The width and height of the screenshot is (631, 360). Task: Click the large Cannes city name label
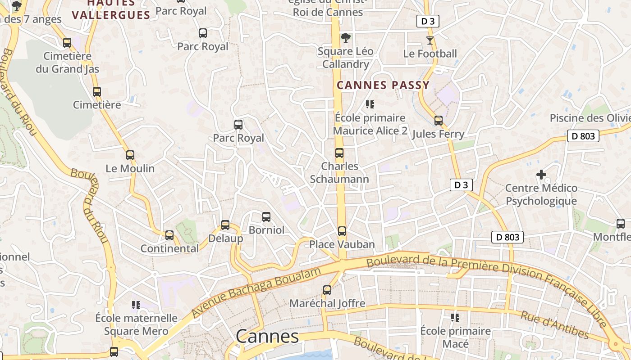coord(267,336)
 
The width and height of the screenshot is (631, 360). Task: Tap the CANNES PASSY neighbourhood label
coord(383,85)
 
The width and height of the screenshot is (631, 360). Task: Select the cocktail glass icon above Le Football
coord(430,40)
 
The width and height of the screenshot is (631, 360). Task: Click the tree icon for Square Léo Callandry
coord(346,38)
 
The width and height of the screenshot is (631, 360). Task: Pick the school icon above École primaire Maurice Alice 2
coord(370,105)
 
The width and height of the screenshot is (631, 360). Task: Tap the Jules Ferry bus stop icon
coord(438,121)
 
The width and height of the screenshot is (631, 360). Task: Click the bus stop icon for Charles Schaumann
coord(339,153)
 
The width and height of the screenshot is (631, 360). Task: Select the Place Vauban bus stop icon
coord(342,231)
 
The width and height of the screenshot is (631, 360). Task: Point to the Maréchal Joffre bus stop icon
coord(327,290)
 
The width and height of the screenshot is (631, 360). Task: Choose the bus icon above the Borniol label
coord(266,217)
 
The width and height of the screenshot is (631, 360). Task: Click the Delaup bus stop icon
coord(225,225)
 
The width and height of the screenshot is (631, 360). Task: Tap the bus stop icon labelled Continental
coord(169,235)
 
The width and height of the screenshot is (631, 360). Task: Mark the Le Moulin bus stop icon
coord(130,155)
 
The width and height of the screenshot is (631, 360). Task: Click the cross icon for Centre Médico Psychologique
coord(541,175)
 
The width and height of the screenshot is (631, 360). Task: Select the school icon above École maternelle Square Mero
coord(136,305)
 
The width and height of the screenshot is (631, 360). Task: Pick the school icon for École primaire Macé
coord(455,318)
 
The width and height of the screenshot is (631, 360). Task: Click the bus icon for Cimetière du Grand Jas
coord(67,43)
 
